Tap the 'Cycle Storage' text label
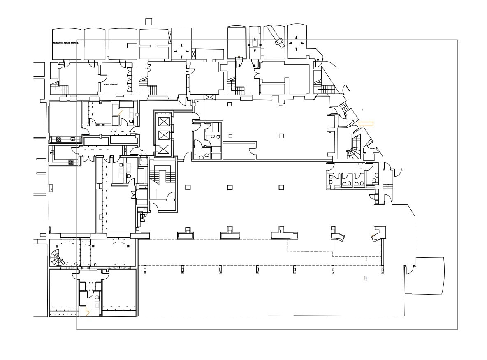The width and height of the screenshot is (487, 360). (111, 85)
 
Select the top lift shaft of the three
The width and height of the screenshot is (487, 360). (164, 121)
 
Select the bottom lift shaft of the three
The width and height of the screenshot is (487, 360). (164, 149)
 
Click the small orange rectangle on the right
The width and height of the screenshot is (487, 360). (366, 123)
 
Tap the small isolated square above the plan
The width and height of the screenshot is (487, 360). (149, 22)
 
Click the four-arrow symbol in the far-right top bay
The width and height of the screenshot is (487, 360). (296, 43)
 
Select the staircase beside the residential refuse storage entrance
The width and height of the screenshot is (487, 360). (62, 89)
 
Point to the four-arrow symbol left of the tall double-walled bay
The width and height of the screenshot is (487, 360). (181, 51)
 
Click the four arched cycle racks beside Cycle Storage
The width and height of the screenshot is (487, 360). (131, 79)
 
